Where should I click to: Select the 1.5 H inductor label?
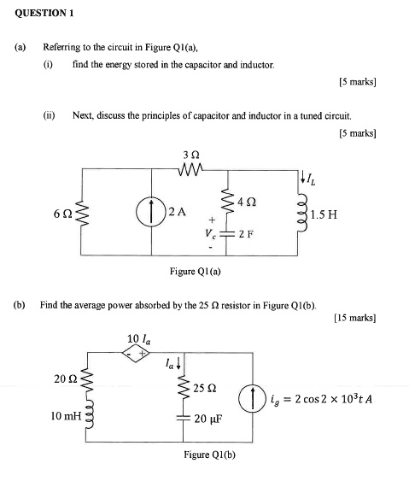click(x=325, y=214)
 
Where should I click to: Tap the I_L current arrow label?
click(x=313, y=179)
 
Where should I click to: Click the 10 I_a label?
click(x=137, y=337)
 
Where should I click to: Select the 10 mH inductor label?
click(x=64, y=416)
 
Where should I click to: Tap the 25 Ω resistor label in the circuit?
click(x=205, y=388)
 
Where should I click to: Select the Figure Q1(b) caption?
click(x=209, y=455)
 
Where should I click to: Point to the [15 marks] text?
click(x=355, y=317)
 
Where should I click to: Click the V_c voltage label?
click(x=208, y=232)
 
